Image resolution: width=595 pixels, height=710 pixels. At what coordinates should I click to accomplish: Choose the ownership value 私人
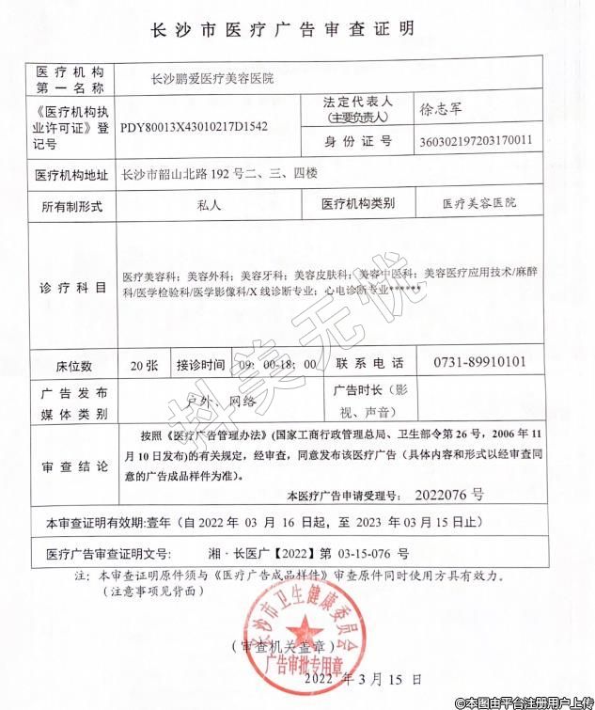[210, 203]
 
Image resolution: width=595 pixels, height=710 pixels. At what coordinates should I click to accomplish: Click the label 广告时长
[354, 390]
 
